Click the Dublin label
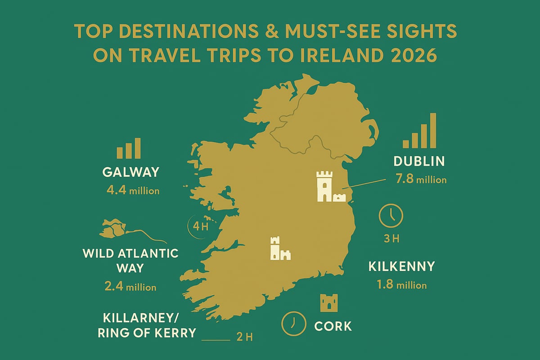click(x=418, y=161)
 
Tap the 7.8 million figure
click(x=420, y=180)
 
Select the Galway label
click(x=131, y=172)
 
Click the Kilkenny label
click(x=401, y=266)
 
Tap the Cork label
click(x=333, y=325)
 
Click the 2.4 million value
click(x=130, y=287)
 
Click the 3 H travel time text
click(x=391, y=238)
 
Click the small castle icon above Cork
click(x=328, y=303)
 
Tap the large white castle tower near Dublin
click(x=324, y=185)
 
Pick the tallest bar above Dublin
click(x=433, y=130)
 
